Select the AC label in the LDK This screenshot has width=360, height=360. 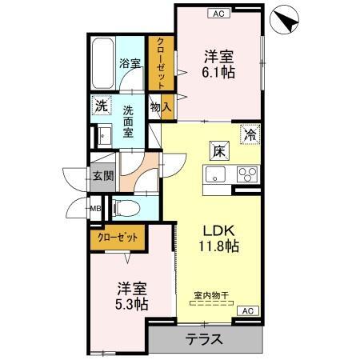246,310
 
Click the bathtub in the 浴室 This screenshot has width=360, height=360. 102,62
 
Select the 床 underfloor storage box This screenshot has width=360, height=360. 218,149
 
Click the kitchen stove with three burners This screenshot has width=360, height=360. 246,175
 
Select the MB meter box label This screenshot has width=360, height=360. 94,210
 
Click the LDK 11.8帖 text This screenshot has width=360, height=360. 217,238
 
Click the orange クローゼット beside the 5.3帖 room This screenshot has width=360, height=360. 117,237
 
